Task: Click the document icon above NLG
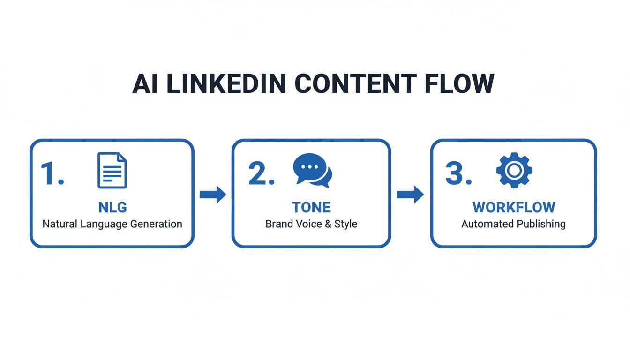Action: point(112,171)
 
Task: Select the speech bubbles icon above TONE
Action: point(312,171)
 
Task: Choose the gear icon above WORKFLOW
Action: point(514,171)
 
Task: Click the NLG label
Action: point(112,207)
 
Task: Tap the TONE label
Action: point(311,207)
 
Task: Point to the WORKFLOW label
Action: point(514,207)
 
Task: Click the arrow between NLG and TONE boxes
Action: point(213,194)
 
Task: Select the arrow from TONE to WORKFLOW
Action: point(411,194)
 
